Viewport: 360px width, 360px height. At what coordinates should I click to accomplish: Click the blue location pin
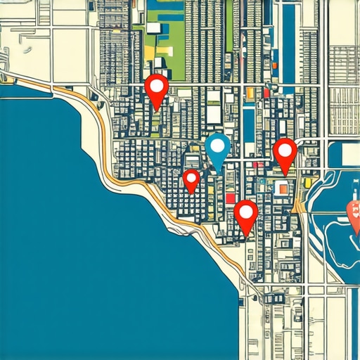(x=218, y=149)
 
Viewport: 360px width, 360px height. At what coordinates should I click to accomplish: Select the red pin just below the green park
(x=157, y=89)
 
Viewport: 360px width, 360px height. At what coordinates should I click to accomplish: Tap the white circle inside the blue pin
(x=218, y=146)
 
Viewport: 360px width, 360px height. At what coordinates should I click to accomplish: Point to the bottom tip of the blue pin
(x=218, y=172)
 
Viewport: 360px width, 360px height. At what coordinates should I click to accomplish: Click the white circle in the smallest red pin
(x=191, y=176)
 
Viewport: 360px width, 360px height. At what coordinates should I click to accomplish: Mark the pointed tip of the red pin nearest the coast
(x=245, y=236)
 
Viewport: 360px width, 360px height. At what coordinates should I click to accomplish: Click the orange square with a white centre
(x=283, y=188)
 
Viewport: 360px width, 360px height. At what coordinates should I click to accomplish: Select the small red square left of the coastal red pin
(x=230, y=198)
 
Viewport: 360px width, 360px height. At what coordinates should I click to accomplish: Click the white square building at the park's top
(x=154, y=28)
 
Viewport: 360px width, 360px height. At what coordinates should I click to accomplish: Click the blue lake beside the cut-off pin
(x=330, y=232)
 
